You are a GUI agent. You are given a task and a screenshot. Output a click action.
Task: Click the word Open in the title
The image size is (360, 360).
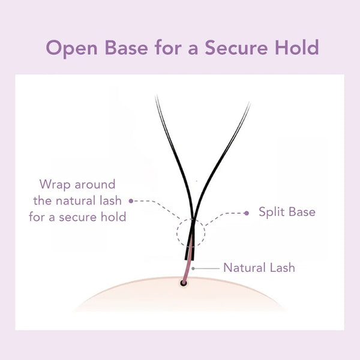(x=71, y=48)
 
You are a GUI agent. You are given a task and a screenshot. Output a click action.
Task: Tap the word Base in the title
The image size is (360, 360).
(x=126, y=47)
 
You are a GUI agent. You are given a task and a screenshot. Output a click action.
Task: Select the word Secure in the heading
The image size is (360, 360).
(x=236, y=47)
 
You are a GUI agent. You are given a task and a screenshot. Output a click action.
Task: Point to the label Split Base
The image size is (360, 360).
(x=287, y=212)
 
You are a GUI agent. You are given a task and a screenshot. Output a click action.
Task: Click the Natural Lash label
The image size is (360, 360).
(x=259, y=268)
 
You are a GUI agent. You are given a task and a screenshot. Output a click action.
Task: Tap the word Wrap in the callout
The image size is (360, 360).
(x=55, y=185)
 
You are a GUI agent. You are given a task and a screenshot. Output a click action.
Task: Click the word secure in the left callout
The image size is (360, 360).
(x=78, y=217)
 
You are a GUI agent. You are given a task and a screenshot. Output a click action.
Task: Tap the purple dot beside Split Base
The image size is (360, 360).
(x=247, y=213)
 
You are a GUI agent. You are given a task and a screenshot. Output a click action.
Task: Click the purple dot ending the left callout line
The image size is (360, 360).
(x=131, y=201)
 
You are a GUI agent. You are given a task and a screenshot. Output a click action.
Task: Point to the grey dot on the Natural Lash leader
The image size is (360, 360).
(x=193, y=268)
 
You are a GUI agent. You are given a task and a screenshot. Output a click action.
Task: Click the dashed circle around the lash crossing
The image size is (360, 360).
(x=177, y=233)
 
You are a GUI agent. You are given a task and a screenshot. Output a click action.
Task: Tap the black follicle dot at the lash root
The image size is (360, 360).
(x=183, y=283)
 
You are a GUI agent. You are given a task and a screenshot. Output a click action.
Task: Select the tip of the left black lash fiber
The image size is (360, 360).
(x=157, y=95)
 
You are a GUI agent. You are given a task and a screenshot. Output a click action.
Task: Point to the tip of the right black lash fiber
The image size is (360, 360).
(x=250, y=103)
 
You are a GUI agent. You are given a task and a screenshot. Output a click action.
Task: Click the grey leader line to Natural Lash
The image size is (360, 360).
(x=207, y=268)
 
